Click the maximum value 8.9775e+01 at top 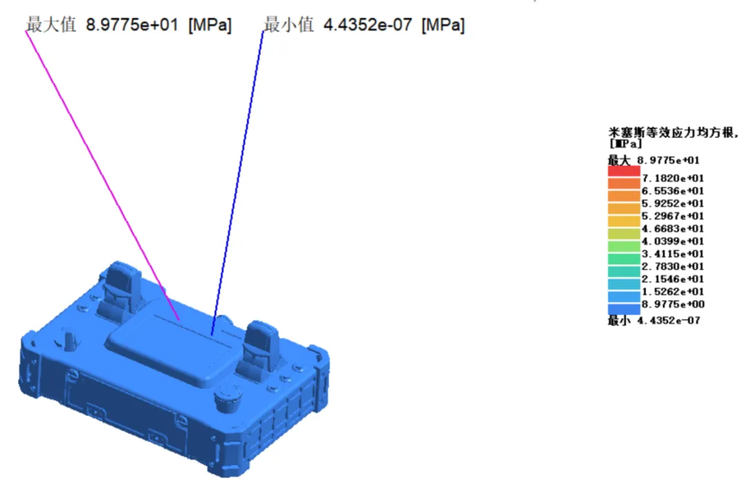pos(132,25)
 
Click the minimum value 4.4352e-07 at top pos(367,25)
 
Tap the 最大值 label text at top pos(51,25)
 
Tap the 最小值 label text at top pos(288,25)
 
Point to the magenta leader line pos(102,175)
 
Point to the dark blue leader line pos(237,183)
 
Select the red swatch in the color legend pos(623,171)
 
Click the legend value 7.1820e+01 pos(673,179)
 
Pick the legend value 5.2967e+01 pos(673,216)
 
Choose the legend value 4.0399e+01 pos(673,241)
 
